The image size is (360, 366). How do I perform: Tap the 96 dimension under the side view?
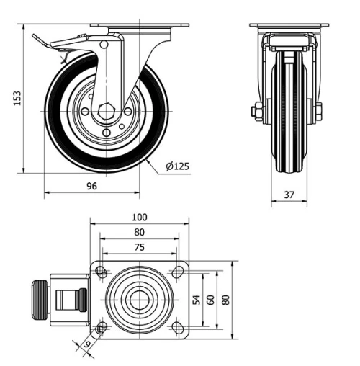click(91, 186)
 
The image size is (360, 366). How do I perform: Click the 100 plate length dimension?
click(140, 217)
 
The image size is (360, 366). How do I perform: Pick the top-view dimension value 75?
click(140, 246)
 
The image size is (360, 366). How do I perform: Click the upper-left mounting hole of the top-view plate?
click(102, 272)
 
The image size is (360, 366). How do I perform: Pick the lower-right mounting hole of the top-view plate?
click(177, 328)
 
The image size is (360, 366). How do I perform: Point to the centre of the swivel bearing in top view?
click(139, 299)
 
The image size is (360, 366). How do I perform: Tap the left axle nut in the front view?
click(257, 111)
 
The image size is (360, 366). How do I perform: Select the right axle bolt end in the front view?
click(318, 111)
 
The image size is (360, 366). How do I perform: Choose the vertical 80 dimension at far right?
click(226, 299)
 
